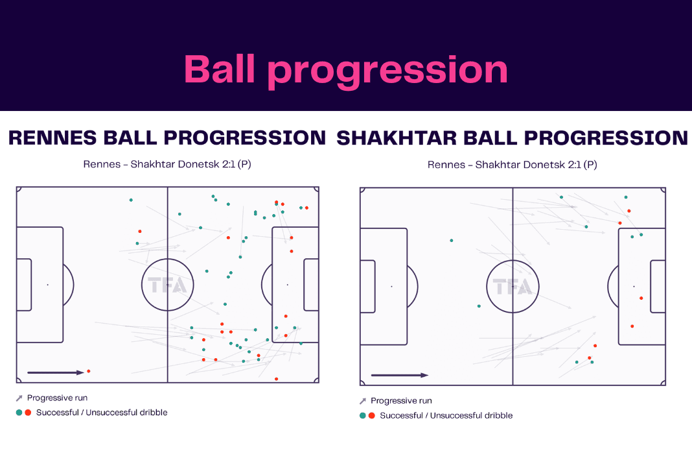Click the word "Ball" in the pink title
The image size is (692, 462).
[220, 69]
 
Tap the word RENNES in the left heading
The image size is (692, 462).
[52, 138]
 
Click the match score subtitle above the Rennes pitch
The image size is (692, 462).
[167, 164]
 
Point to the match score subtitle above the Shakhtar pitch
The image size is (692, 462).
[512, 164]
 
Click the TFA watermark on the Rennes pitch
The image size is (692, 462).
[167, 285]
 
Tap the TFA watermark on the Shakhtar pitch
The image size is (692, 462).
[513, 287]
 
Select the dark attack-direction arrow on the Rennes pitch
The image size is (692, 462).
[56, 372]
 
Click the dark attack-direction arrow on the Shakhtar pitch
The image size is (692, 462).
[400, 375]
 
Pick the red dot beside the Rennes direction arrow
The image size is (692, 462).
[89, 371]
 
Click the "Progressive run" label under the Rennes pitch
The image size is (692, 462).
[58, 398]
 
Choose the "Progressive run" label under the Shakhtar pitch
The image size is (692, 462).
[401, 400]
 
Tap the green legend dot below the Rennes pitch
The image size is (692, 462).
[19, 413]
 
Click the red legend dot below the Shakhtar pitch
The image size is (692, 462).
[372, 415]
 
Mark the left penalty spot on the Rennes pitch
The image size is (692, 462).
[48, 285]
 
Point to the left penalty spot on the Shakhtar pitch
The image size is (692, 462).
[391, 287]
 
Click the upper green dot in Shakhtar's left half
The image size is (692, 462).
[452, 241]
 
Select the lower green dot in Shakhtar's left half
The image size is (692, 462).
[479, 306]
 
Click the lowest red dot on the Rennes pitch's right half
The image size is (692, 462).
[276, 379]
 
